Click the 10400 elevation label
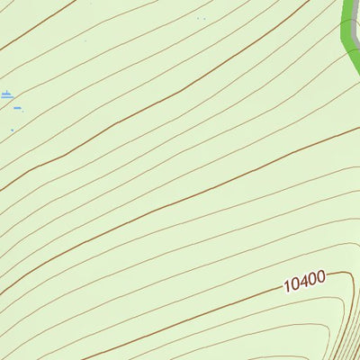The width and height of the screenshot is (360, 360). (303, 281)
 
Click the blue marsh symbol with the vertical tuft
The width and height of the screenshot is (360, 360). (7, 94)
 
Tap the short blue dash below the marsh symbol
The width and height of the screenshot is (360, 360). (18, 107)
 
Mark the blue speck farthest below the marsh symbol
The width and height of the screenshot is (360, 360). (12, 130)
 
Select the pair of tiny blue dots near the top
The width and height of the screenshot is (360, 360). (201, 18)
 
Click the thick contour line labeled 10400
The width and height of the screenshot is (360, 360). (225, 310)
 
